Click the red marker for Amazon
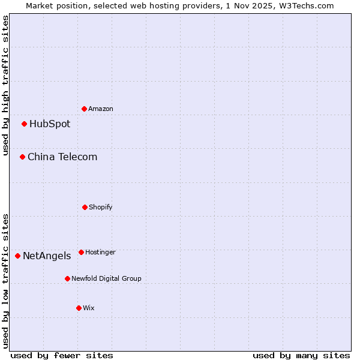pos(85,109)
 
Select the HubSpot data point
pos(25,124)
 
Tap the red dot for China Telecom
pos(23,157)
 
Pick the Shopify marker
pos(85,207)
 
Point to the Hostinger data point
pos(81,252)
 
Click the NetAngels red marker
pos(17,256)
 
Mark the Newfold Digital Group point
pos(67,278)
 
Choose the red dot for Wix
pos(79,308)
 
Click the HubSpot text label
pos(50,124)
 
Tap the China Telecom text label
pos(62,157)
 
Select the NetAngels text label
pos(47,256)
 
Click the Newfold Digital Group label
pos(106,278)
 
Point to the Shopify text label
pos(100,207)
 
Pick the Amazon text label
pos(100,109)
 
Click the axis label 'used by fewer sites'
pos(62,355)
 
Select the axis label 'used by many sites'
pos(301,355)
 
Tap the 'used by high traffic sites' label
pos(5,85)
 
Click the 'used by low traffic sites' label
pos(5,281)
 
